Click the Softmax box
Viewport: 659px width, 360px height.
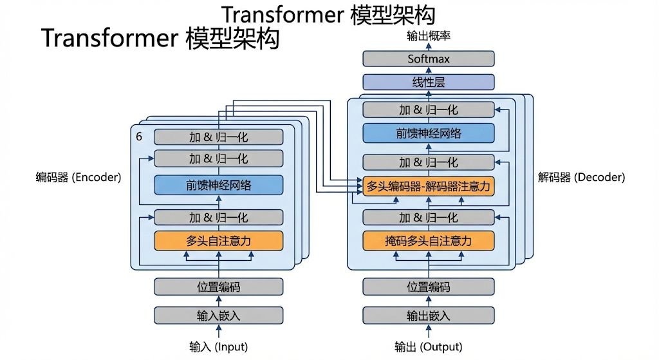429,59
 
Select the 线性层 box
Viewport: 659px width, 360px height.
429,82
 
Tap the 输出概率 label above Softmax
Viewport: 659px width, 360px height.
429,36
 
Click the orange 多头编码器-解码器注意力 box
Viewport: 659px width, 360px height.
429,187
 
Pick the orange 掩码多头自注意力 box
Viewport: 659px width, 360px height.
429,241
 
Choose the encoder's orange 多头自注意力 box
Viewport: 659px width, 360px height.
219,241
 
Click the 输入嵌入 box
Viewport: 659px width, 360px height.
219,316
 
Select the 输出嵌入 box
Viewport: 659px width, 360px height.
429,316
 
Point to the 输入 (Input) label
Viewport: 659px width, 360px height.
219,347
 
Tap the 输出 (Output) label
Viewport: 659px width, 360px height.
429,347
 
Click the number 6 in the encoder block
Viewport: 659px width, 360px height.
139,137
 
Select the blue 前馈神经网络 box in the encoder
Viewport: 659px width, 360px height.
219,185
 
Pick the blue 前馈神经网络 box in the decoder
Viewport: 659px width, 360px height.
429,134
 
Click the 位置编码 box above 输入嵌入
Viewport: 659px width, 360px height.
219,287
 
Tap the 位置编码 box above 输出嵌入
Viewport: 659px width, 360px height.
429,287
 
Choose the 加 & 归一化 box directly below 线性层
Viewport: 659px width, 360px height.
429,109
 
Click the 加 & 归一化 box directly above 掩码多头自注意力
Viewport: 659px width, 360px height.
429,217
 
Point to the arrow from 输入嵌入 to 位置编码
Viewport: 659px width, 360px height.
219,301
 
